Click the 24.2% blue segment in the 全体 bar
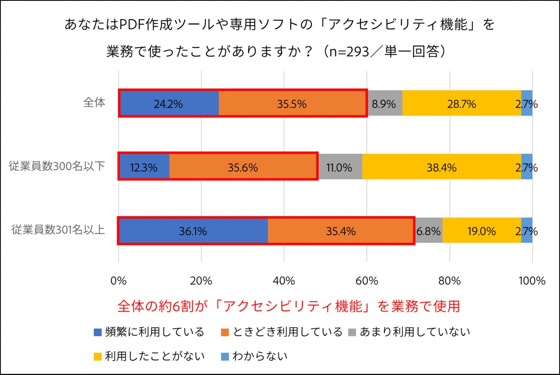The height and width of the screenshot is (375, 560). [x=169, y=104]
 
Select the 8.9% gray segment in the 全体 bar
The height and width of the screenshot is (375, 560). [x=384, y=104]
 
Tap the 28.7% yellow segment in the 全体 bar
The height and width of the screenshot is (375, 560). [x=462, y=104]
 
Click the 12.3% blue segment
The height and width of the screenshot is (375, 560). [x=144, y=167]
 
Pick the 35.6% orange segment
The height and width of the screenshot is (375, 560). [x=243, y=167]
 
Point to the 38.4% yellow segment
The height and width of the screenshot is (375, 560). [x=441, y=167]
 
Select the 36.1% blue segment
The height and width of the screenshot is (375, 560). [x=193, y=231]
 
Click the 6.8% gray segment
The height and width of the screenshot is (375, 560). [x=429, y=231]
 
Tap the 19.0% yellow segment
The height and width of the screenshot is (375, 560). [x=481, y=231]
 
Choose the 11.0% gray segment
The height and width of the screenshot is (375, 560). [x=339, y=167]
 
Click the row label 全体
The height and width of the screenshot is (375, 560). [x=94, y=102]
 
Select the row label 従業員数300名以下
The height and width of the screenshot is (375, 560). [x=57, y=166]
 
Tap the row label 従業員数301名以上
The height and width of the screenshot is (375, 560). [x=58, y=229]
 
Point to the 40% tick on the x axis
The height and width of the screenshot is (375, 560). [x=284, y=281]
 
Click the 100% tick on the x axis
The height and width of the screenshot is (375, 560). [x=532, y=281]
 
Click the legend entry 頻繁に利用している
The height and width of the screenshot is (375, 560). [x=149, y=332]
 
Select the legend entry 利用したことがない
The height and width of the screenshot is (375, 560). [x=149, y=356]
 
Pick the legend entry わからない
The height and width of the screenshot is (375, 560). [x=255, y=356]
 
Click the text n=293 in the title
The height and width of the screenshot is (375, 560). [x=349, y=51]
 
